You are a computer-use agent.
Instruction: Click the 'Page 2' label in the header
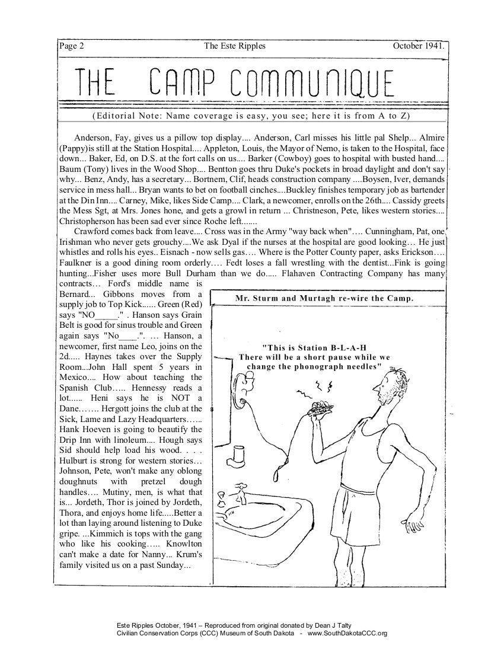(x=72, y=46)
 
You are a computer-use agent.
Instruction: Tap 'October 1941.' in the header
(x=418, y=46)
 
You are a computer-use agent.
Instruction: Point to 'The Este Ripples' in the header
(x=234, y=46)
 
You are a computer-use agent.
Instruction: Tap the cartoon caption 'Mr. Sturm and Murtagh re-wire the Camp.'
(x=324, y=298)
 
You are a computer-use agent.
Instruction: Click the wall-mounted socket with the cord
(x=245, y=387)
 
